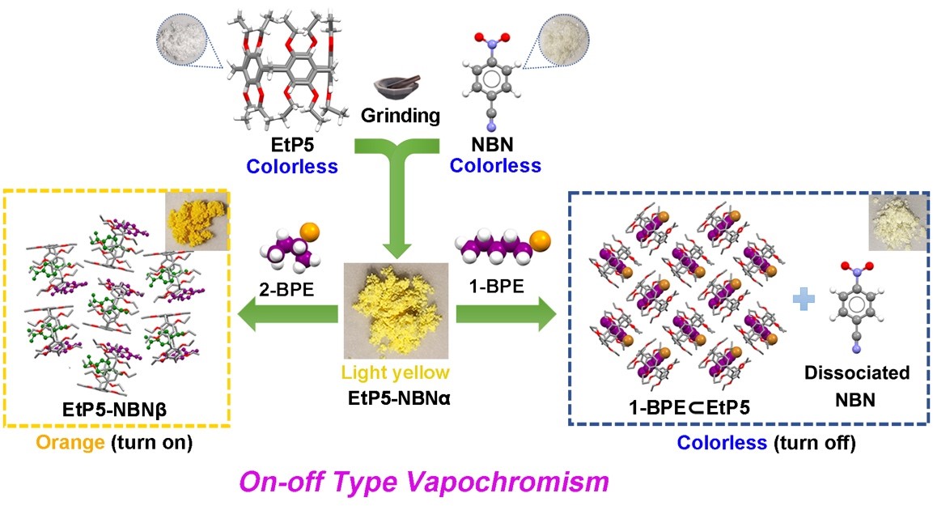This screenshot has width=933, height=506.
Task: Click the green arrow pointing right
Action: (507, 314)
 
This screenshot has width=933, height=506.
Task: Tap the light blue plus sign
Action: (804, 299)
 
